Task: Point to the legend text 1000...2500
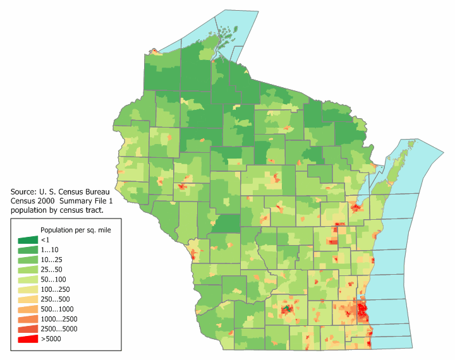tap(59, 320)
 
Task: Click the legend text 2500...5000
tap(59, 329)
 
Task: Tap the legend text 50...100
tap(53, 280)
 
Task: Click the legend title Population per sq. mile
tap(76, 229)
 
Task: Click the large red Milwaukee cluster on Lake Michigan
tap(362, 310)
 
